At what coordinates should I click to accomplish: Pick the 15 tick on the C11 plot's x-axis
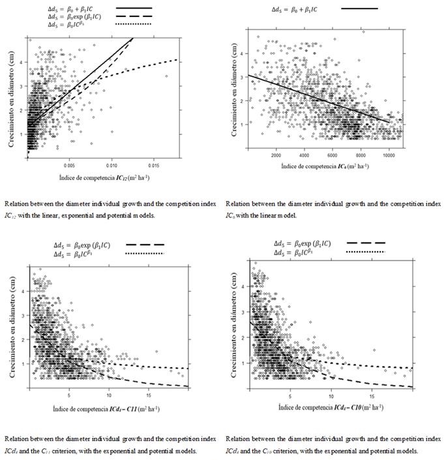[149, 395]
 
